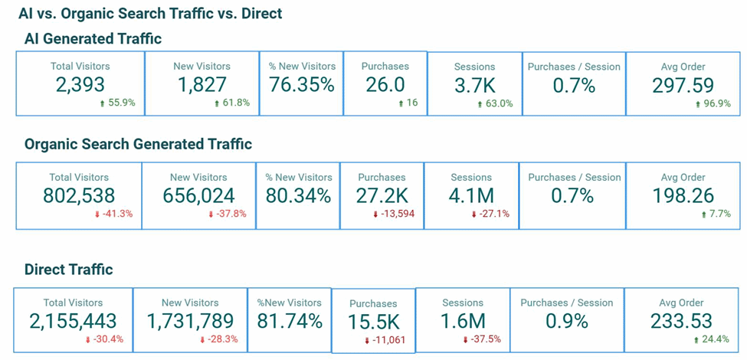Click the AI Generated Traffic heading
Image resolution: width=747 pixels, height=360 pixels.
click(x=93, y=38)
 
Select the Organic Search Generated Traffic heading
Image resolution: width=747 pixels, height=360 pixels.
click(x=138, y=144)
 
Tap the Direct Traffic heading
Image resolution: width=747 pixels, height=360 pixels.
click(x=68, y=269)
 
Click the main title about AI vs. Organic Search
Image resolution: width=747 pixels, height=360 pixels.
click(x=150, y=13)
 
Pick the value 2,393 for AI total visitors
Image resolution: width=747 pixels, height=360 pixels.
click(x=80, y=85)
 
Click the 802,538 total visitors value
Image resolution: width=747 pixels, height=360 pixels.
click(x=79, y=195)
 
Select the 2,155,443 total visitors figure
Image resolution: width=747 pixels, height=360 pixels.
click(x=73, y=321)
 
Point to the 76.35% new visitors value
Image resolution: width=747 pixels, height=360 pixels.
click(x=301, y=85)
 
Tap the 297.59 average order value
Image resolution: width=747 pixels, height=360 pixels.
click(x=683, y=86)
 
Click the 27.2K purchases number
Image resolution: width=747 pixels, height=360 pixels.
click(x=382, y=195)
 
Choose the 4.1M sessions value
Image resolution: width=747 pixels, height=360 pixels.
click(x=470, y=195)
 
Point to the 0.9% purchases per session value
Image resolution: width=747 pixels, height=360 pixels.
click(x=566, y=321)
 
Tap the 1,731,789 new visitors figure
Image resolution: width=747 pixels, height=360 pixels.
click(x=190, y=321)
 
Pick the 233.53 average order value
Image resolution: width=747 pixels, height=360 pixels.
click(x=681, y=321)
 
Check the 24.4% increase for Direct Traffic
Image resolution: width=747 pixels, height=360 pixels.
click(x=713, y=339)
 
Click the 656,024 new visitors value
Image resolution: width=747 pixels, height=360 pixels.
click(x=198, y=195)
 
